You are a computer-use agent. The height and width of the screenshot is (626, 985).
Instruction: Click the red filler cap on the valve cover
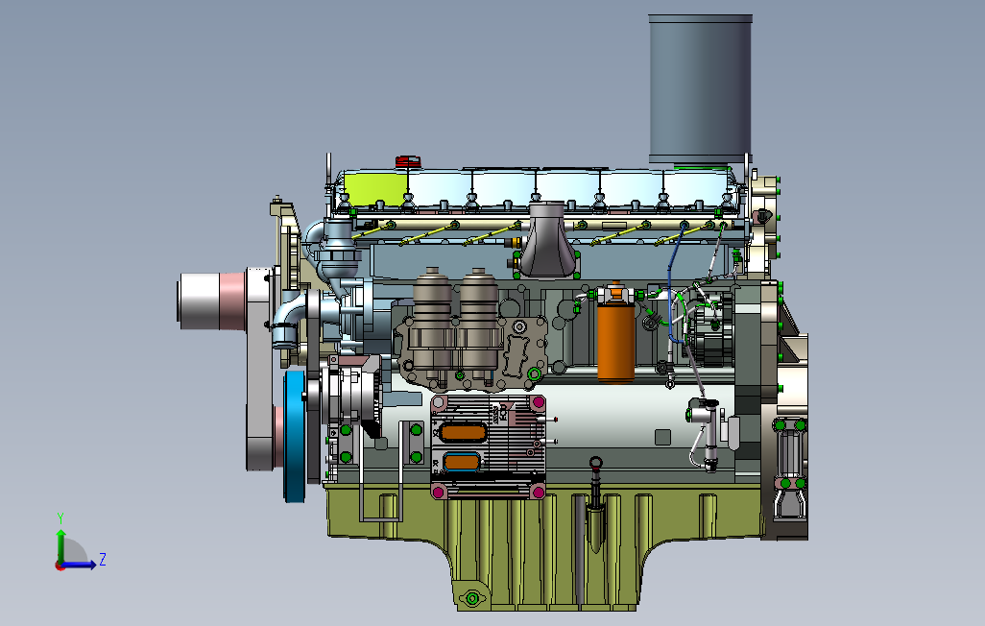408,160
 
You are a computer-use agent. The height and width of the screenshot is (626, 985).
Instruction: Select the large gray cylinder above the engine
699,88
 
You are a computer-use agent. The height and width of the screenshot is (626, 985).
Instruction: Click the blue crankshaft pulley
294,436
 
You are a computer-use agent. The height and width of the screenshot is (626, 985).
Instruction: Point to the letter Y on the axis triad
60,518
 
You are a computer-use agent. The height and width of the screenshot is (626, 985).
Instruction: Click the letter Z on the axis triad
102,559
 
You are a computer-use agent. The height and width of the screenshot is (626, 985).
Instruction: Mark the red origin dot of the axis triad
60,566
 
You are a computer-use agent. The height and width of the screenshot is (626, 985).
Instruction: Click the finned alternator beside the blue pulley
350,394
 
